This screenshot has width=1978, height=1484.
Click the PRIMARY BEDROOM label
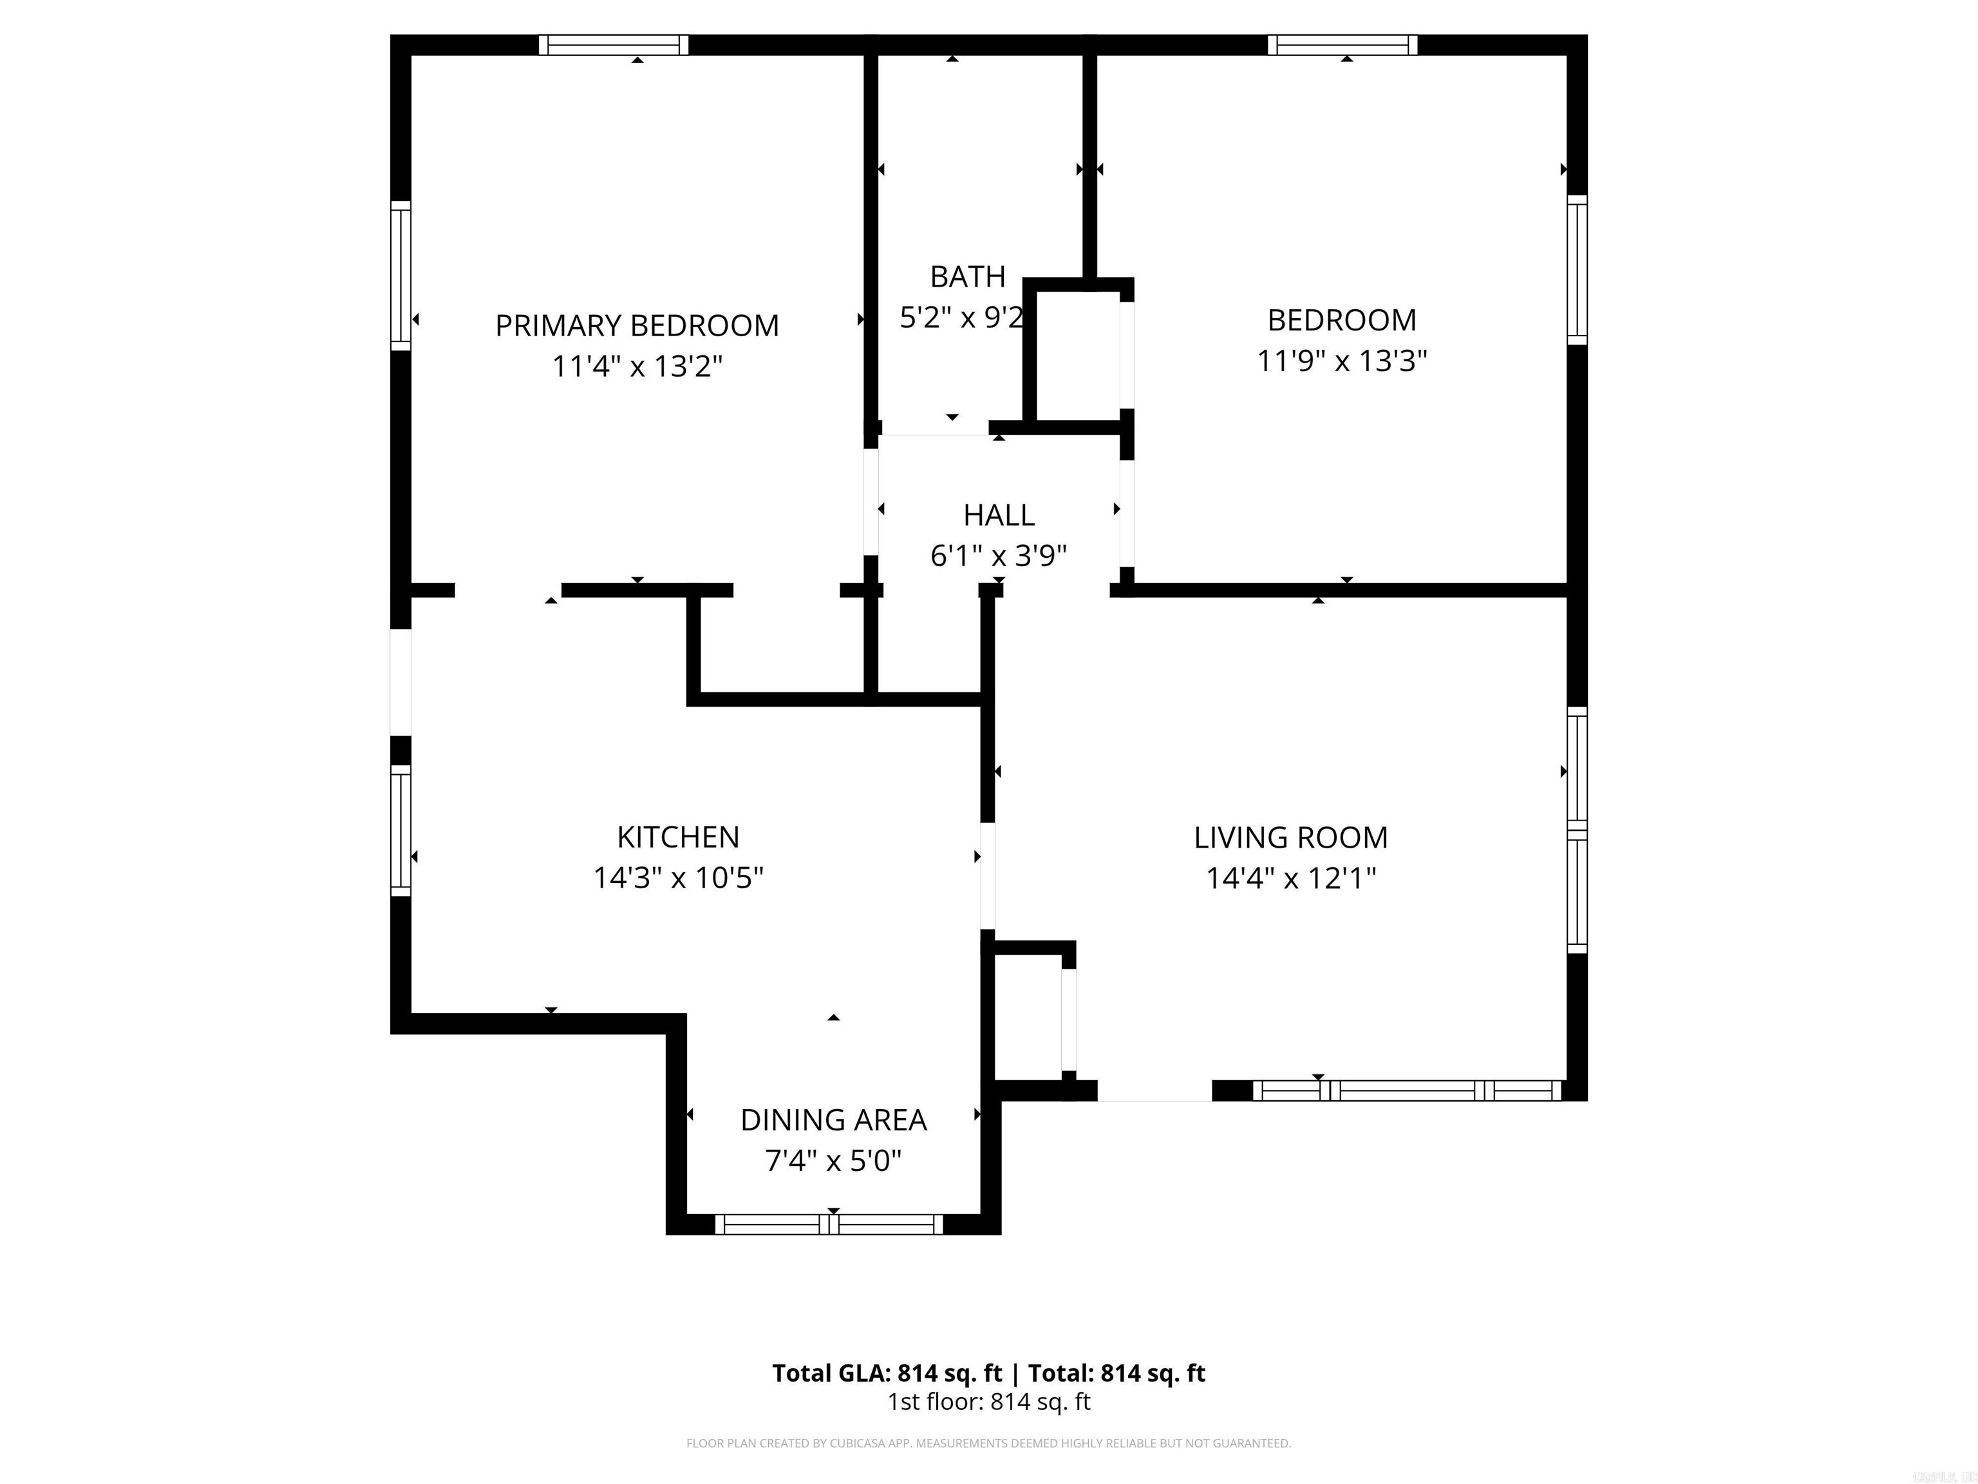click(637, 326)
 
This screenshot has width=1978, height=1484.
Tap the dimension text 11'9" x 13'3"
click(1341, 361)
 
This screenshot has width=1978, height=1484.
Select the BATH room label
click(968, 278)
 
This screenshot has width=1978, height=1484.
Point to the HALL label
click(999, 515)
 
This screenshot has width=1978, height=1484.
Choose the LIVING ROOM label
click(1290, 838)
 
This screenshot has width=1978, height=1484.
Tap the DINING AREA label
click(833, 1120)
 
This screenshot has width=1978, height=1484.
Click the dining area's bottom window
click(829, 1224)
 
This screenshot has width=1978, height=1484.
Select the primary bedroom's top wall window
click(614, 44)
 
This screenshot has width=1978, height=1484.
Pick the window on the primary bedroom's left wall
click(400, 274)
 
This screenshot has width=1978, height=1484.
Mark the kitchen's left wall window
click(400, 830)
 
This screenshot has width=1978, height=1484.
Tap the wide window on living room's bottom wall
click(1407, 1090)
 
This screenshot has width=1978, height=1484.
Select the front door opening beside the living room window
click(1154, 1091)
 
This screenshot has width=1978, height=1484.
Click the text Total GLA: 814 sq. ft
click(887, 1373)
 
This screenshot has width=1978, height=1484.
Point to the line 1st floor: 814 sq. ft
click(988, 1402)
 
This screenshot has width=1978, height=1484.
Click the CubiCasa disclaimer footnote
click(988, 1443)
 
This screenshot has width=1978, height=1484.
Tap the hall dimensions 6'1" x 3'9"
click(999, 556)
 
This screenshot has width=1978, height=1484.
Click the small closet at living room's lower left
click(1028, 1017)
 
